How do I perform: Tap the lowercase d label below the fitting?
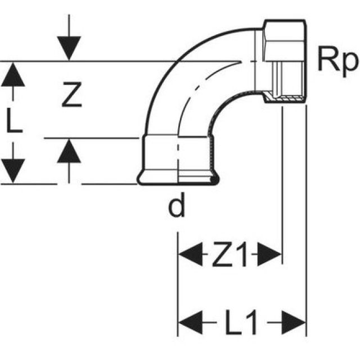tap(177, 208)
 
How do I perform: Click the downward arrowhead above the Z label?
tap(69, 48)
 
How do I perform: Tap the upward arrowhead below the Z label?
tap(69, 151)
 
